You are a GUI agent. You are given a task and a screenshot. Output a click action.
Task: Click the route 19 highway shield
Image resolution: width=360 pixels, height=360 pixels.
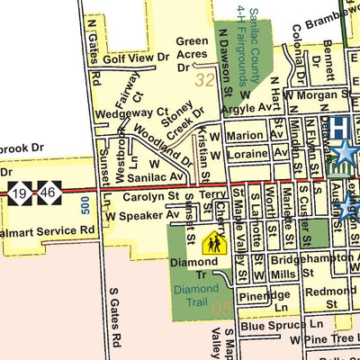click(20, 192)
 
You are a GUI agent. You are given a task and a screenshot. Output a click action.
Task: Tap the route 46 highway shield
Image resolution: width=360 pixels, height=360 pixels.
click(46, 192)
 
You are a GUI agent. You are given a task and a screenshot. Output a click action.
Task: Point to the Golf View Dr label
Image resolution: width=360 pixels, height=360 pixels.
click(135, 58)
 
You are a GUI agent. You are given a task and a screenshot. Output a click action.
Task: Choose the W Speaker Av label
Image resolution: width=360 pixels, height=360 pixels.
click(142, 216)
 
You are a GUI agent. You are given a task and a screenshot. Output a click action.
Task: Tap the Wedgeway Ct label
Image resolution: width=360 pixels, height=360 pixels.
click(126, 113)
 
